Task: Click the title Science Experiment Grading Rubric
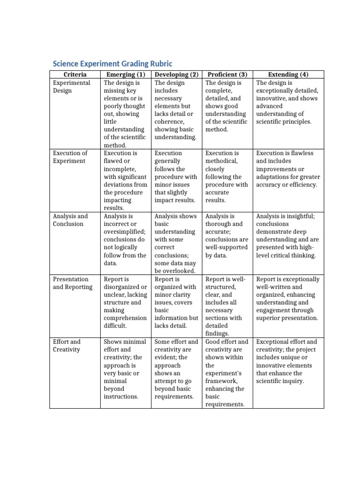coord(112,64)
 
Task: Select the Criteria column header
coord(75,75)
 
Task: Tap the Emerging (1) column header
coord(126,75)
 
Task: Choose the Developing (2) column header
coord(177,75)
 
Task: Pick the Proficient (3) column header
coord(227,75)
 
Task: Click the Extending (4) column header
coord(288,75)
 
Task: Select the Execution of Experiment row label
coord(70,157)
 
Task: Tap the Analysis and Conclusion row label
coord(70,220)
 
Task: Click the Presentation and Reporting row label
coord(73,283)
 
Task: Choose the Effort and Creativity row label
coord(67,345)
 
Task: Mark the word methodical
coord(221,161)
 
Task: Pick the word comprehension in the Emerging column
coord(125,318)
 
